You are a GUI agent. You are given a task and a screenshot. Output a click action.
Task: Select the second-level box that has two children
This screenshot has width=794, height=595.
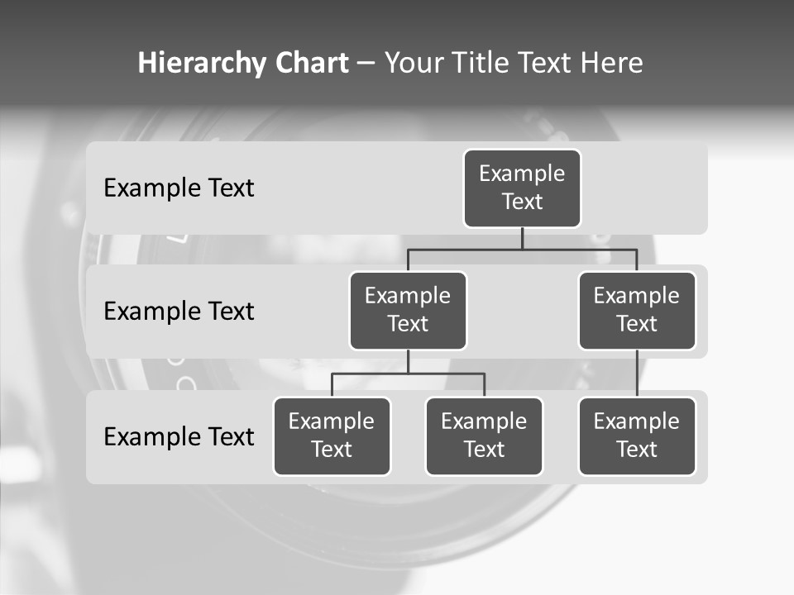point(408,311)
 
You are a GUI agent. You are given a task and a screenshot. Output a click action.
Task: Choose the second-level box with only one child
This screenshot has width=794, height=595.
point(637,311)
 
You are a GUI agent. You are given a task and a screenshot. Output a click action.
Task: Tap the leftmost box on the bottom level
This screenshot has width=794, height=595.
point(332,436)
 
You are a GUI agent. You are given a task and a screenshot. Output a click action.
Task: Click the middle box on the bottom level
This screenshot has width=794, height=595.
point(484,436)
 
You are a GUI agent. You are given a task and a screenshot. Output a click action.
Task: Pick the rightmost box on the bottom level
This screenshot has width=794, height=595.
point(637,436)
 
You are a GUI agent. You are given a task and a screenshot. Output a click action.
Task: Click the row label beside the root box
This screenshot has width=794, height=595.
point(179,188)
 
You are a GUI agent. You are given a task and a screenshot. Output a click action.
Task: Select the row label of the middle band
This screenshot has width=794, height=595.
point(179,312)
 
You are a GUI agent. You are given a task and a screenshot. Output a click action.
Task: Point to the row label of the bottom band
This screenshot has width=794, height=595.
point(179,437)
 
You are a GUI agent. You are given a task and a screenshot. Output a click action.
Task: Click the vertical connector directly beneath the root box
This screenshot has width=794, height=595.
point(522,239)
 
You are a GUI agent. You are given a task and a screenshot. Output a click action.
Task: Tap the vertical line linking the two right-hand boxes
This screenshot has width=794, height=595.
point(637,374)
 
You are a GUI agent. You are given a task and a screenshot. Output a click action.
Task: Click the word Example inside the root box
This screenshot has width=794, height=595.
point(522,174)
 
